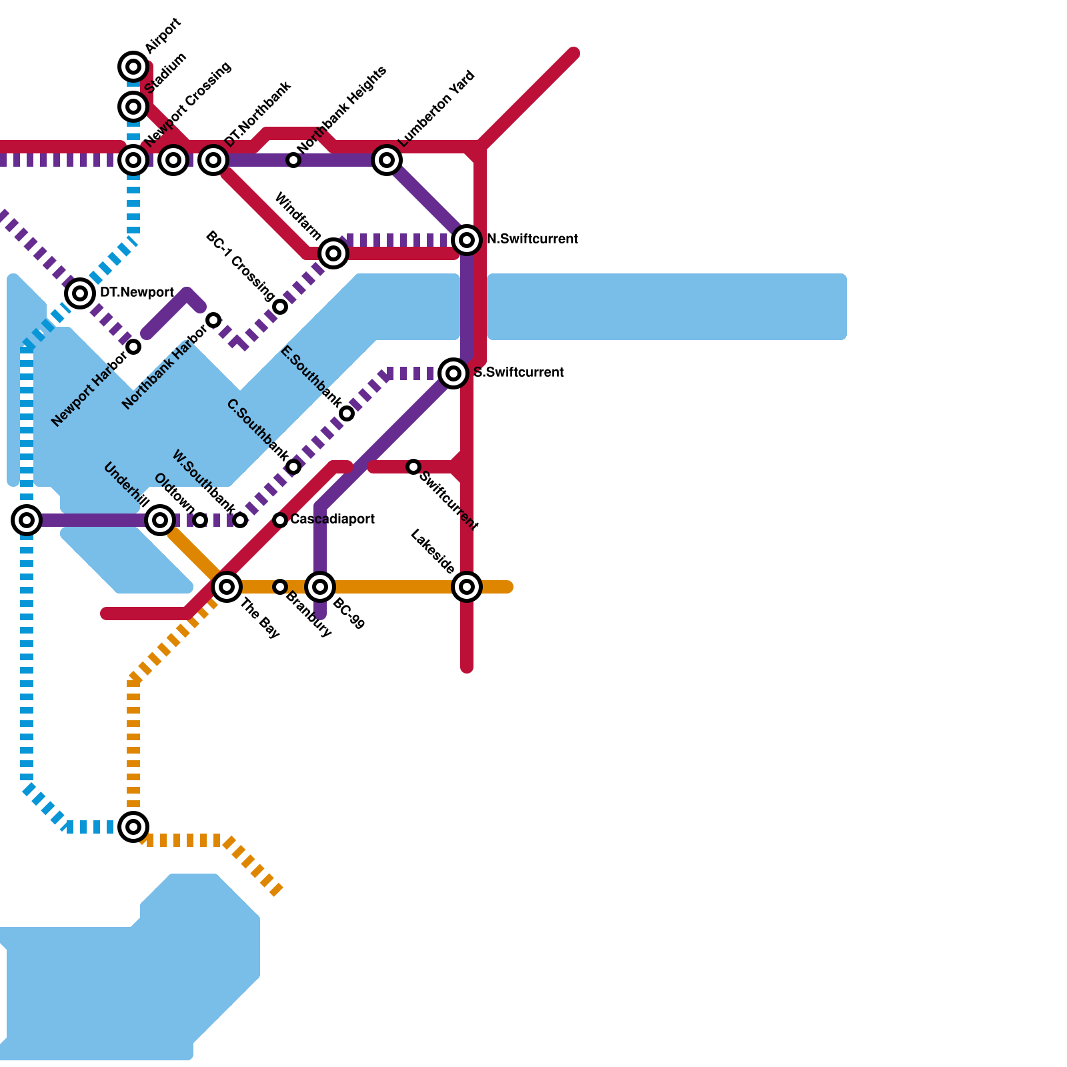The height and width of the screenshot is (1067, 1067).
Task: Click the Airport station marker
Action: click(133, 66)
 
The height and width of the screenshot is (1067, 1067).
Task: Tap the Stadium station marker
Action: click(133, 106)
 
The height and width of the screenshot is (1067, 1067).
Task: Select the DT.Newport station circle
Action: click(80, 293)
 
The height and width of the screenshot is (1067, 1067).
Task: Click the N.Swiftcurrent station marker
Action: click(467, 239)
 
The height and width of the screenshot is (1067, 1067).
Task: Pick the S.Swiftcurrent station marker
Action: click(453, 373)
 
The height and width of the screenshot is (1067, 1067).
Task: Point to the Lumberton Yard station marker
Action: click(387, 160)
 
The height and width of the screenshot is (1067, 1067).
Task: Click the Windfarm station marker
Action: click(333, 253)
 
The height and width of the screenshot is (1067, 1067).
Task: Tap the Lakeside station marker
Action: click(467, 587)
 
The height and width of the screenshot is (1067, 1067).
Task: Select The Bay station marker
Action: click(227, 587)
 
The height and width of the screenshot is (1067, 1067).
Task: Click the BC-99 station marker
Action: click(320, 587)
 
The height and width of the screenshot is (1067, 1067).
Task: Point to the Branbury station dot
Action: click(280, 587)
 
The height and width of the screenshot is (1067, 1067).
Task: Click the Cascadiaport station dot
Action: click(280, 520)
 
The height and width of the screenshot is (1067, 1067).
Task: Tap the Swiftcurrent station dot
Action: click(413, 467)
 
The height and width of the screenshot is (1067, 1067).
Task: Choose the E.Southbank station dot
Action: click(347, 413)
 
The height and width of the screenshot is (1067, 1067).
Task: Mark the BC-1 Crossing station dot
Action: click(281, 307)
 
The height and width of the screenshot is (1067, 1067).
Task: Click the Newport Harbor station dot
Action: click(133, 347)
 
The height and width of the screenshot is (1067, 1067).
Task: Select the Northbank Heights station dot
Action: click(293, 160)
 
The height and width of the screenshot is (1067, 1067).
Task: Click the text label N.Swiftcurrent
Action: click(532, 239)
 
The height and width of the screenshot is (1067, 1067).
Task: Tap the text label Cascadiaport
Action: click(332, 519)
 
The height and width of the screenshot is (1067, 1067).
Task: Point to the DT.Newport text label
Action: click(137, 293)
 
